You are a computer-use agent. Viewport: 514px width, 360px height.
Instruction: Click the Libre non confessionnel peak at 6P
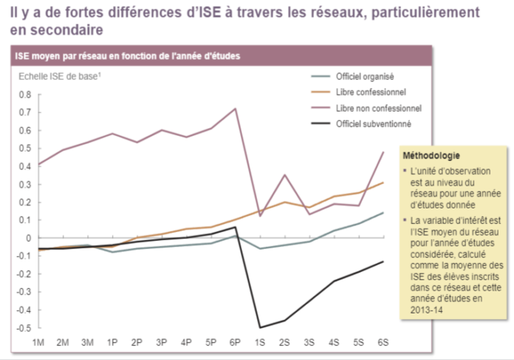point(235,109)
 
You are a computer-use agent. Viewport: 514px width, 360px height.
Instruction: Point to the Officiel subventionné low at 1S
point(260,327)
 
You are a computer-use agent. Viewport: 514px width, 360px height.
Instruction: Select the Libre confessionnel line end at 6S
point(383,183)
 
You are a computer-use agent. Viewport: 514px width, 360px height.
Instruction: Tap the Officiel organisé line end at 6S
point(383,213)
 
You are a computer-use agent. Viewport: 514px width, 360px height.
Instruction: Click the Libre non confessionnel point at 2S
point(284,175)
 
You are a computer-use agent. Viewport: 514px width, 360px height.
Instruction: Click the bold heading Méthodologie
point(431,156)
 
